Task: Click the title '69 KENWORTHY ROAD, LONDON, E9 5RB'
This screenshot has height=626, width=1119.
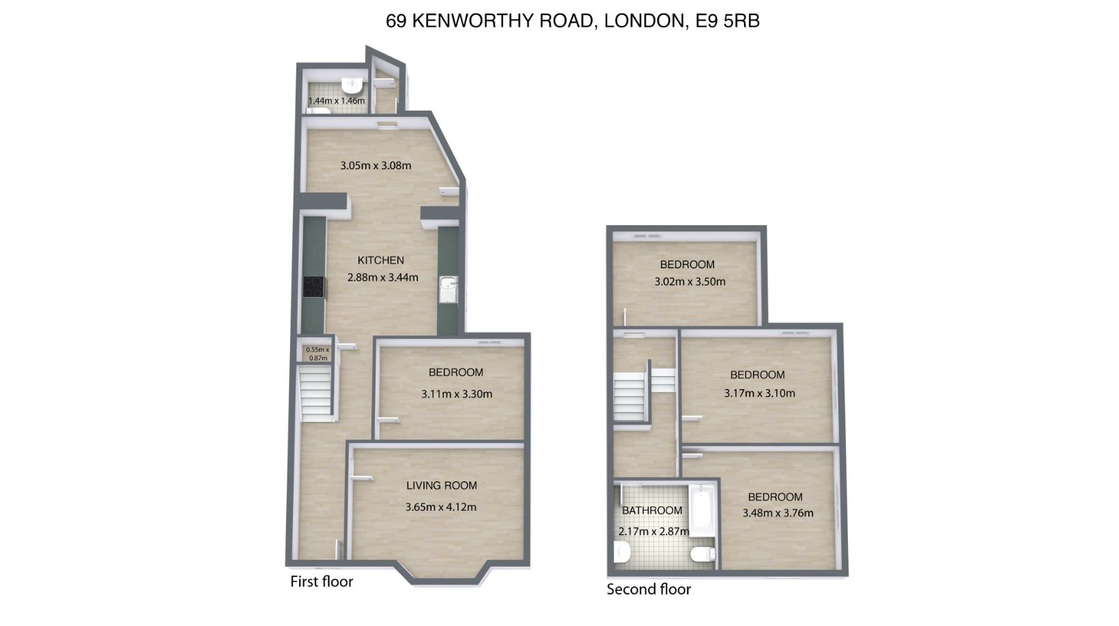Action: click(x=573, y=21)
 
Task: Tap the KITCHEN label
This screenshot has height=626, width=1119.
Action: click(x=381, y=260)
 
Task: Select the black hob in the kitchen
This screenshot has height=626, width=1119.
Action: click(x=313, y=287)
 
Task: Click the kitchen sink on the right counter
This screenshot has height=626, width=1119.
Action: click(x=448, y=289)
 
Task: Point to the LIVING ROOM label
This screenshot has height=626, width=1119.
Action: click(x=442, y=485)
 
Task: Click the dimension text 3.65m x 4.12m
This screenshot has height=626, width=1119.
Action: click(x=440, y=507)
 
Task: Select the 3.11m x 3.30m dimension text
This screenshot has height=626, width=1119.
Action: click(x=457, y=394)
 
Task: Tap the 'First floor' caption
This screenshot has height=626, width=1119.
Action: click(x=322, y=582)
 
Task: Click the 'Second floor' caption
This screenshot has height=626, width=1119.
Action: click(x=649, y=590)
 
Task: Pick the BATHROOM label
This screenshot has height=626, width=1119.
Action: click(x=652, y=511)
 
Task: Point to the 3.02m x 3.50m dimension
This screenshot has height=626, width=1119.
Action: click(x=690, y=282)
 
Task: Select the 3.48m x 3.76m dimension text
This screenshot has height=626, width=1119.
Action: click(x=778, y=513)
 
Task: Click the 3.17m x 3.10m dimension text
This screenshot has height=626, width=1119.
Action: click(x=759, y=393)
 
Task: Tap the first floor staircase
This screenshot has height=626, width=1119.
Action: click(x=316, y=393)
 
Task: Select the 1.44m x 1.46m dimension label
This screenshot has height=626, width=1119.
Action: click(x=337, y=101)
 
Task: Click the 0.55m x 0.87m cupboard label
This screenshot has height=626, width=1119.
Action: click(x=317, y=354)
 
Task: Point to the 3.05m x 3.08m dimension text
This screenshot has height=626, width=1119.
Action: click(x=376, y=165)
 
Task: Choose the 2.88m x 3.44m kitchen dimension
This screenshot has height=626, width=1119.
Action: click(x=382, y=277)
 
